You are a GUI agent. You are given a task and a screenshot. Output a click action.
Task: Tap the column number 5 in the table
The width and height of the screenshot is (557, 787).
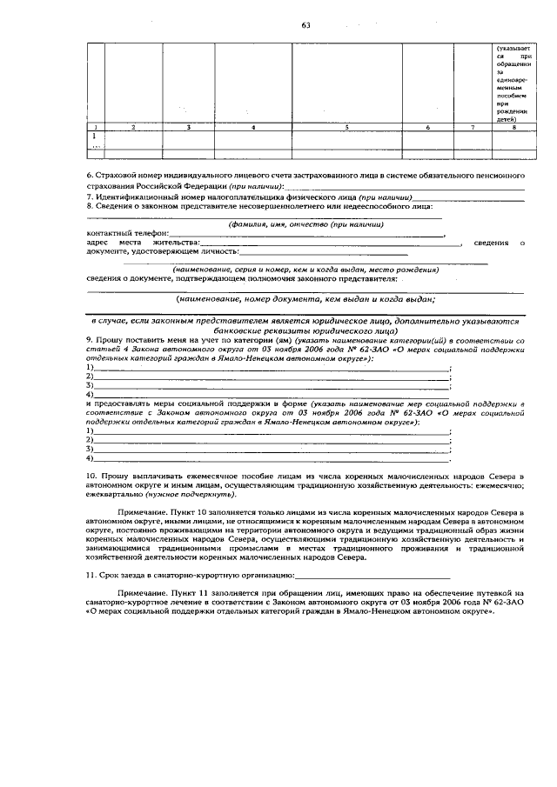pos(346,128)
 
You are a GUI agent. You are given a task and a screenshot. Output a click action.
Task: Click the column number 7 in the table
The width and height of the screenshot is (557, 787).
pos(471,128)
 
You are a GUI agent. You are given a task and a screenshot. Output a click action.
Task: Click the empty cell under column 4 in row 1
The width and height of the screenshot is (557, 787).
pos(252,137)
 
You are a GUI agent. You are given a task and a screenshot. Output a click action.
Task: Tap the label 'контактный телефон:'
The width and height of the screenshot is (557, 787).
pos(122,234)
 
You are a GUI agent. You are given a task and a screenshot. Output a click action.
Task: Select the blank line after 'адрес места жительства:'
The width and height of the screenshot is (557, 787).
pos(331,243)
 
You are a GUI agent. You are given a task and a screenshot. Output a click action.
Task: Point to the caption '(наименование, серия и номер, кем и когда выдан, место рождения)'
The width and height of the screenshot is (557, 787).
pos(305,270)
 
